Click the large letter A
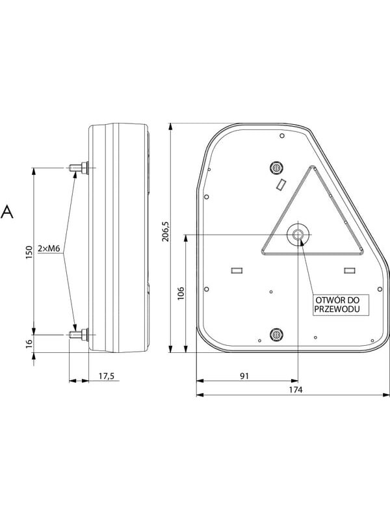7,212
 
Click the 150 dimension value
29,252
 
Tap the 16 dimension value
29,343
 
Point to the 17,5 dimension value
107,376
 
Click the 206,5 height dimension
166,231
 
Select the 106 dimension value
181,294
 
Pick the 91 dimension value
244,376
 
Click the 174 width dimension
295,389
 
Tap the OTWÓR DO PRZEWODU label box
336,305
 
